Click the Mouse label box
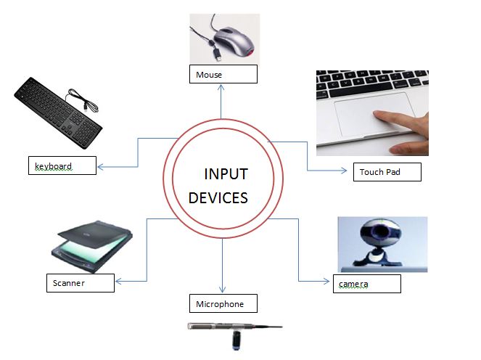tap(223, 74)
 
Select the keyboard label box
tap(62, 165)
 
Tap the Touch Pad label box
tap(389, 172)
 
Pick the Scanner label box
tap(79, 282)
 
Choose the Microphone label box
tap(224, 303)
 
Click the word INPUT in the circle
tap(226, 174)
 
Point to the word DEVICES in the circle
tap(218, 197)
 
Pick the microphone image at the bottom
tap(232, 330)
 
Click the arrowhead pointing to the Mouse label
tap(222, 86)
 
